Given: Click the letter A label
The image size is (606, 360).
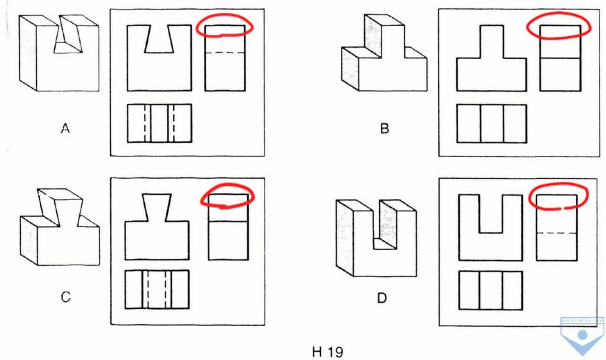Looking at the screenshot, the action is tap(65, 128).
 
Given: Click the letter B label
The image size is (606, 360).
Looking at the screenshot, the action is tap(385, 128).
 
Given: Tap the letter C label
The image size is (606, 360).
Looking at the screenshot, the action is tap(65, 297).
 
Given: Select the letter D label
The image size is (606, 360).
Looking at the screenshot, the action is tap(382, 298).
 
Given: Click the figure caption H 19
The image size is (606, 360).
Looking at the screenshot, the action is tap(327, 352).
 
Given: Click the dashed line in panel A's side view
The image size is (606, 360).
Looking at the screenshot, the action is tap(224, 53).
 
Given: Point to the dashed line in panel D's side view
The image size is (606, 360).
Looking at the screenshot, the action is tap(556, 233).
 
